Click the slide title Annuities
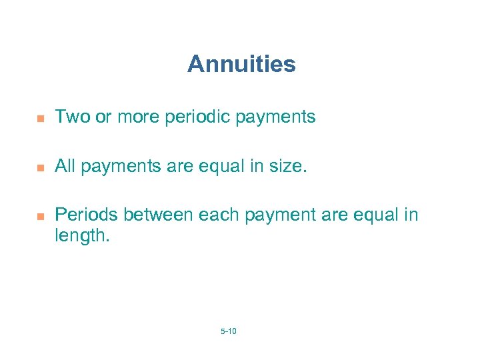(x=241, y=65)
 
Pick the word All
(x=65, y=166)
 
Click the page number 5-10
(x=228, y=331)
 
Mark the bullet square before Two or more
(x=40, y=119)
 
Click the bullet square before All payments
(x=40, y=167)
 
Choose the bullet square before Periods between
(x=40, y=216)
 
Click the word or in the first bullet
(x=103, y=118)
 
